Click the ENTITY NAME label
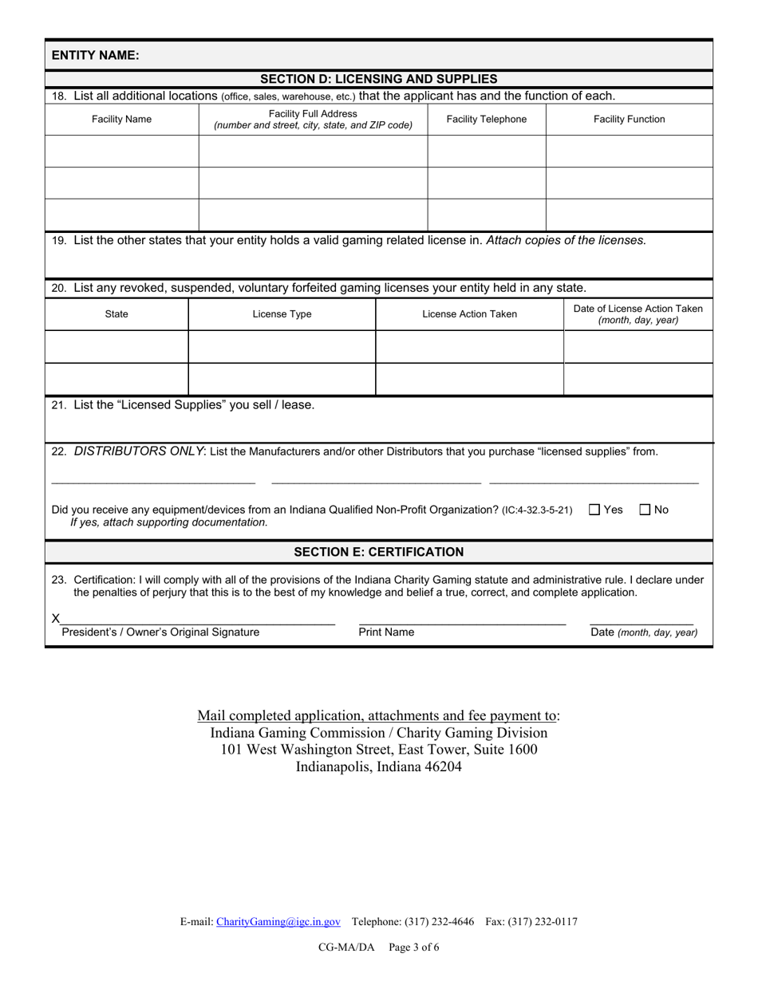click(95, 55)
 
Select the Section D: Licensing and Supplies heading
click(378, 79)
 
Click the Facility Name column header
click(121, 120)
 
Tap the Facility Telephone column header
click(486, 120)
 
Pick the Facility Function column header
click(629, 120)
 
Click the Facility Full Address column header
click(313, 120)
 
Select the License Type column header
click(282, 314)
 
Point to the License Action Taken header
click(469, 314)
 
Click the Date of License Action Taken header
click(638, 314)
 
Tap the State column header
click(116, 314)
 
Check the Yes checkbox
click(594, 510)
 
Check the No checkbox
click(645, 510)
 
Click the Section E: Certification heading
click(378, 552)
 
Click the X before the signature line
click(56, 618)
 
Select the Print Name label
click(386, 632)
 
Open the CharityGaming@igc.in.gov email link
click(278, 922)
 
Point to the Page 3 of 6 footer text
click(414, 948)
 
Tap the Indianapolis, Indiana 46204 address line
click(378, 767)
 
